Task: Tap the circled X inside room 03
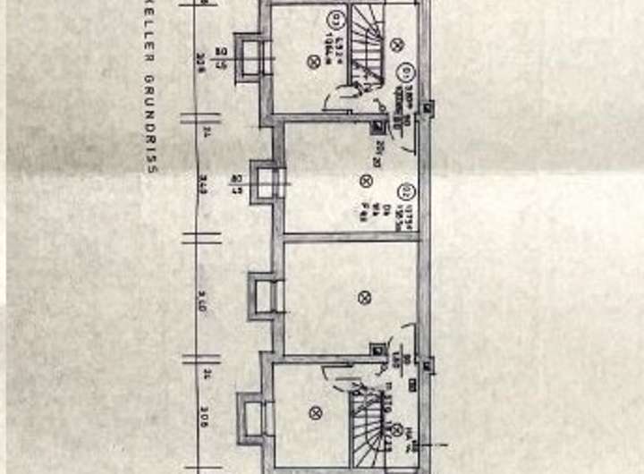pos(313,61)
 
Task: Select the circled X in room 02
pos(365,182)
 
